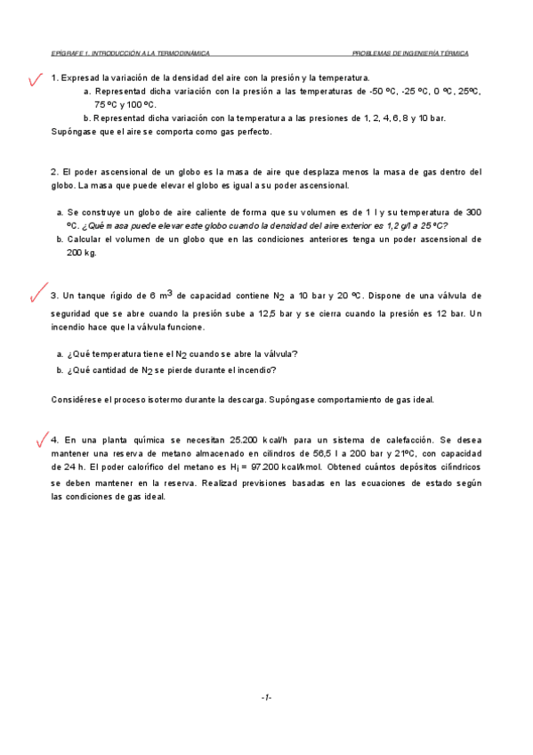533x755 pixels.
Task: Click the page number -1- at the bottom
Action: [x=266, y=697]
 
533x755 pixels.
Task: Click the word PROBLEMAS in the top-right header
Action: [x=374, y=53]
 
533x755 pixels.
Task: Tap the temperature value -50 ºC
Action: [x=375, y=92]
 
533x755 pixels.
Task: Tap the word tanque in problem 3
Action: [x=94, y=296]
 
